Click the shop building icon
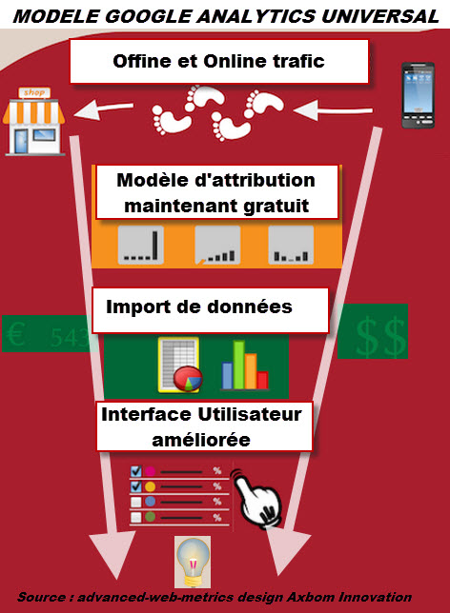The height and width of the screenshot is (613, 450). tap(33, 121)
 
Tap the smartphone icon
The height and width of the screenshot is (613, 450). tap(418, 95)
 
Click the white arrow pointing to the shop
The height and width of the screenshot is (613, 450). tap(103, 109)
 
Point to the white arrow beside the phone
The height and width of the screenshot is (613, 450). tap(333, 109)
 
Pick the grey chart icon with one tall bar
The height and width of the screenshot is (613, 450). tap(141, 245)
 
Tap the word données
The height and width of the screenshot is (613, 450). tap(250, 306)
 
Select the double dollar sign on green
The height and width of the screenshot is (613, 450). tap(379, 337)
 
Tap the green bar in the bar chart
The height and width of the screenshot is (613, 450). tap(239, 365)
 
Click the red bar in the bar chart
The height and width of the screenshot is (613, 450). tap(262, 380)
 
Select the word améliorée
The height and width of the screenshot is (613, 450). tap(201, 440)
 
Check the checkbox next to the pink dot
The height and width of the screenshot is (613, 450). tap(136, 470)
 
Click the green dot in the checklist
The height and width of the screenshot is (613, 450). tap(150, 517)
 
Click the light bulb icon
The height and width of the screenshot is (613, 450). tap(193, 562)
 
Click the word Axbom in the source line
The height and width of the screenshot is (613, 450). tap(311, 597)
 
